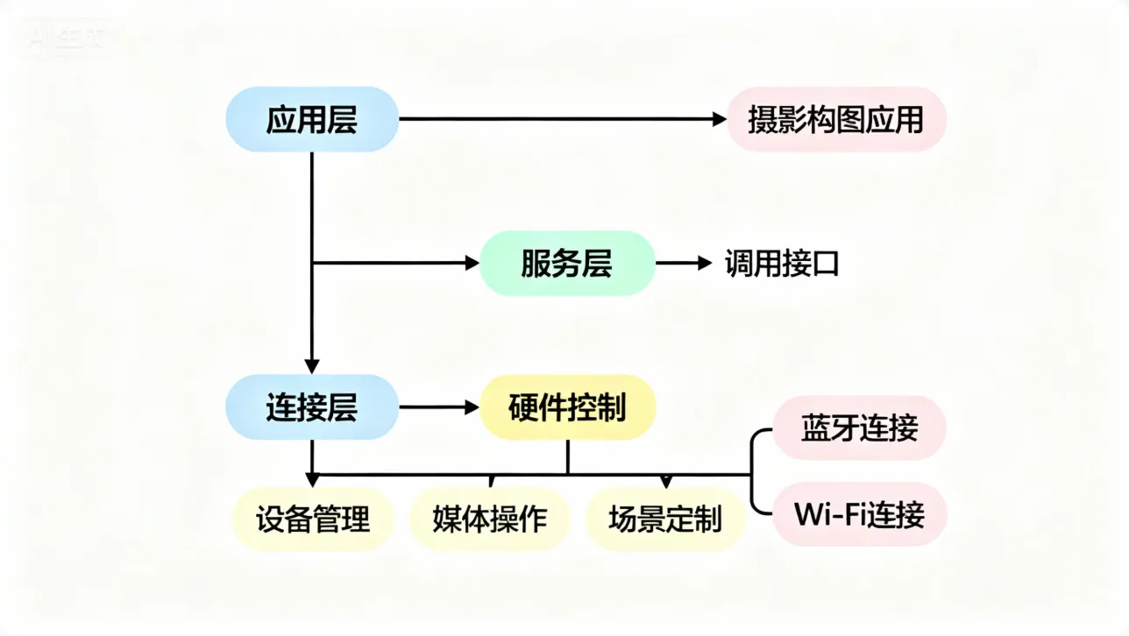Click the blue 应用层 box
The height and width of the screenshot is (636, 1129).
(312, 119)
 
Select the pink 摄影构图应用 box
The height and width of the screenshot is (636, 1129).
(836, 119)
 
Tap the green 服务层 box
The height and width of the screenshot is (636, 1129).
(567, 263)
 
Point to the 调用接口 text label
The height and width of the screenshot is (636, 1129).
(782, 263)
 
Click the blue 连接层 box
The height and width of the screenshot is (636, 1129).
(312, 407)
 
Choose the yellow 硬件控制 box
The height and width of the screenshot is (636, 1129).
(567, 407)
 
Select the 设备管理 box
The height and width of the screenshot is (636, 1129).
(313, 519)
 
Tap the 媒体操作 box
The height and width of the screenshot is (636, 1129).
(489, 519)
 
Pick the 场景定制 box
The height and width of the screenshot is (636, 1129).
(664, 519)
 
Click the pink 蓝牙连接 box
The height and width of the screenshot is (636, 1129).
(859, 428)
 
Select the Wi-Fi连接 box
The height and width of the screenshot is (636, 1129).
(859, 514)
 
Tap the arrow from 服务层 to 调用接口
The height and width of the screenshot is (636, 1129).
(684, 263)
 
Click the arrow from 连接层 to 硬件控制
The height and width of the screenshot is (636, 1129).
(439, 407)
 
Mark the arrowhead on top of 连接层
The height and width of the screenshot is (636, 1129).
(312, 366)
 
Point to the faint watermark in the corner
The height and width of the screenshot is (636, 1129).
(66, 40)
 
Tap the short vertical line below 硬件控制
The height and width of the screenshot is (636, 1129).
(568, 456)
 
